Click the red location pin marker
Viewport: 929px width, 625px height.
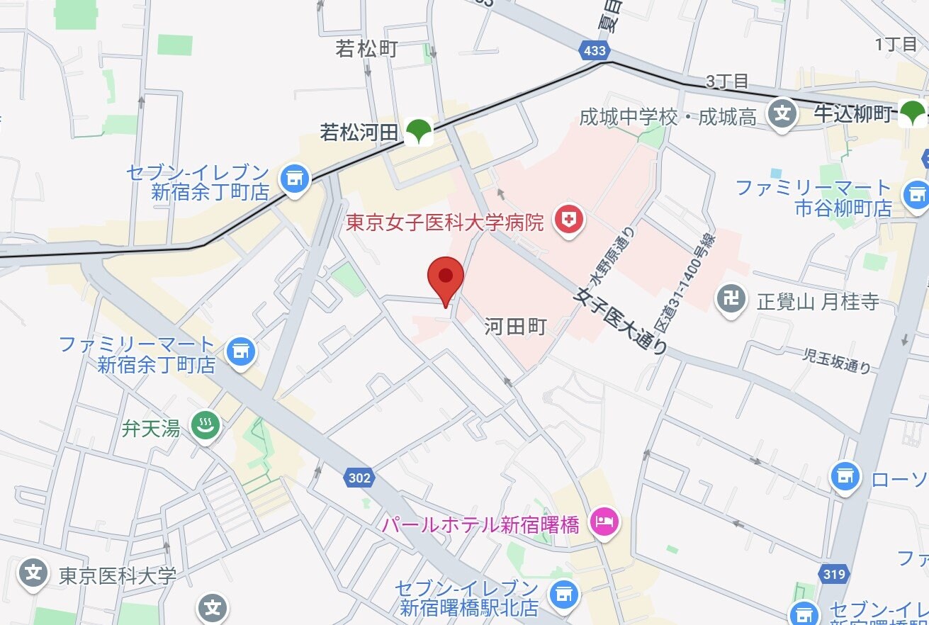446,277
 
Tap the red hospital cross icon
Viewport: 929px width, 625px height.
568,220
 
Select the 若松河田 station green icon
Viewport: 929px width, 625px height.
419,132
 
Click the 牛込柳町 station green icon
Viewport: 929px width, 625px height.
912,113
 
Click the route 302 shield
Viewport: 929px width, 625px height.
359,478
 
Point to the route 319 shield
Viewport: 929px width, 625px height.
834,573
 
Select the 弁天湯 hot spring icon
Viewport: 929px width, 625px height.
205,427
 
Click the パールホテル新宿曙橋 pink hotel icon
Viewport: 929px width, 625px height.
604,524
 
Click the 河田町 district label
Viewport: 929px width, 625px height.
516,327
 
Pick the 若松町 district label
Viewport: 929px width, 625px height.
366,49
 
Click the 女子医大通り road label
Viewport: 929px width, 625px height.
622,320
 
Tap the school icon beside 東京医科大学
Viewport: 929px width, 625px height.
33,573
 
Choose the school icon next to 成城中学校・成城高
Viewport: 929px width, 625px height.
782,114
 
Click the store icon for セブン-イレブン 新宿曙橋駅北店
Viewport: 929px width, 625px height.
564,594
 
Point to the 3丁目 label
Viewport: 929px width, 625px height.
727,81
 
